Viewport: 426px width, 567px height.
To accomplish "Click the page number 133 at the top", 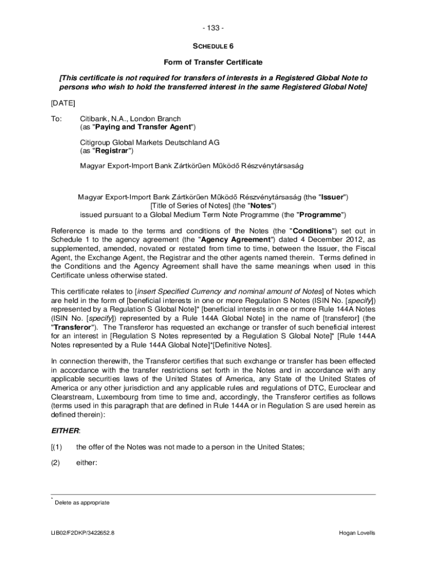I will tap(213, 28).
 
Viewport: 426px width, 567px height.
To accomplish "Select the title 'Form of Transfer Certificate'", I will tap(213, 62).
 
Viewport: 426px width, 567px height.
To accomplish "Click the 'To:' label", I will tap(57, 118).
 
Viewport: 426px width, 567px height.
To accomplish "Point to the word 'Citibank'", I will tap(96, 118).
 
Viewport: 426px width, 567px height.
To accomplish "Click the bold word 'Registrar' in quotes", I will tap(113, 151).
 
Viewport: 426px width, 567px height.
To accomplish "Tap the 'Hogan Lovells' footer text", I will tap(357, 533).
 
